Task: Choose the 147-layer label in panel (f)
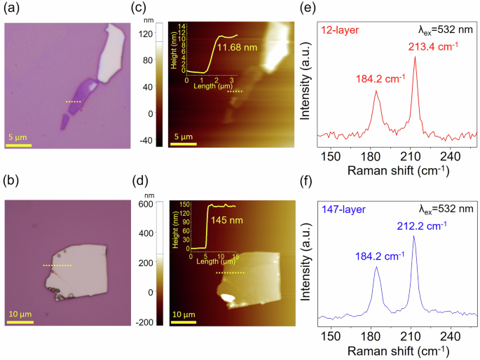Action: [x=341, y=208]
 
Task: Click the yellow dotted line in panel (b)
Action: [x=57, y=266]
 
